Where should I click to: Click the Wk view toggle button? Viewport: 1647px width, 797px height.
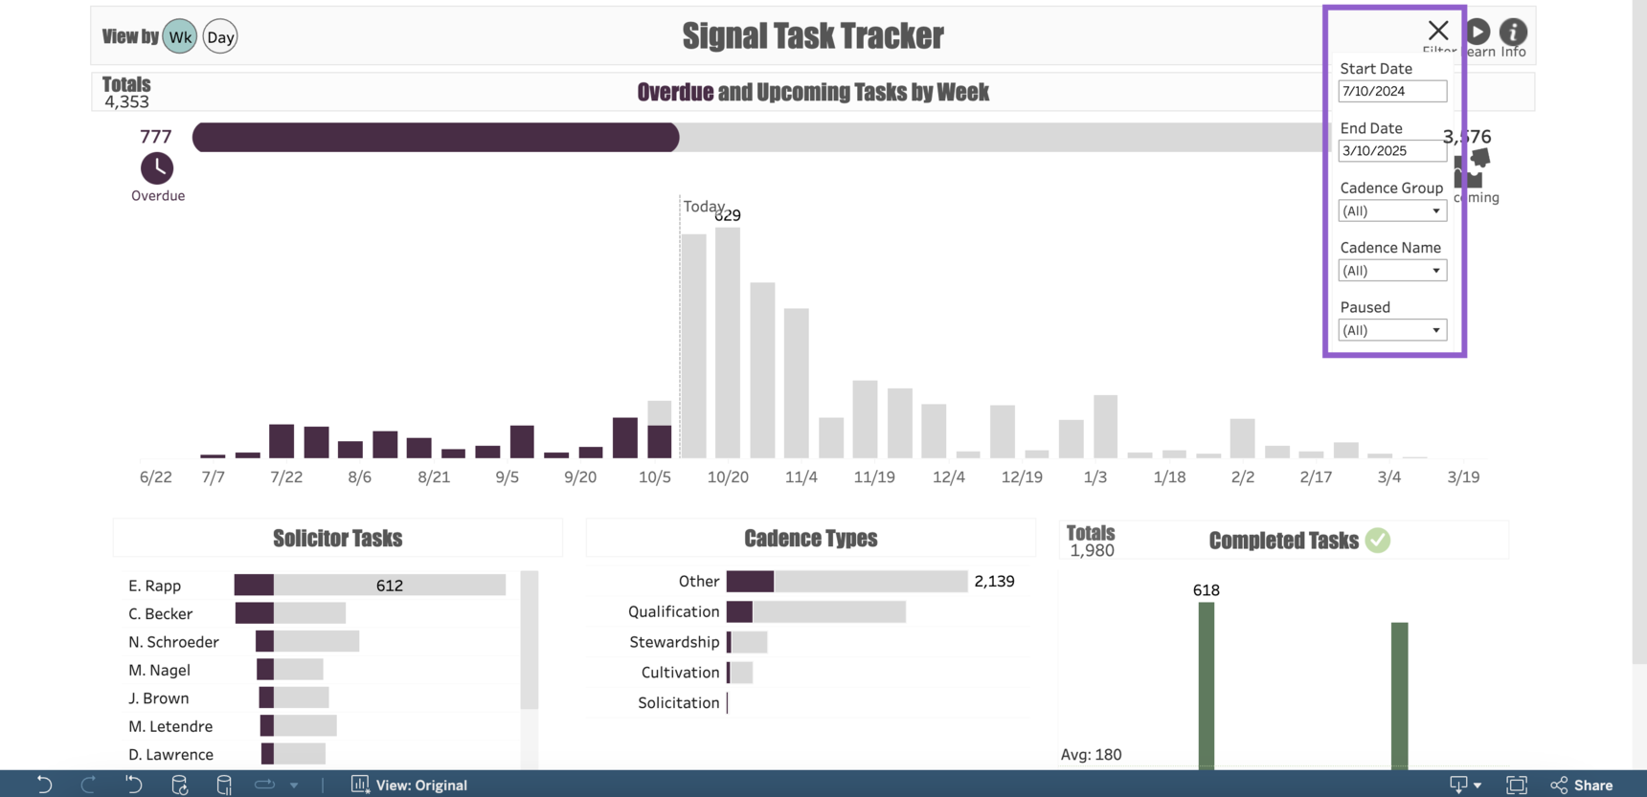click(179, 37)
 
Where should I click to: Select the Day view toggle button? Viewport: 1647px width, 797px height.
click(220, 37)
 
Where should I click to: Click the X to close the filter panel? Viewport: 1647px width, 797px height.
click(1437, 31)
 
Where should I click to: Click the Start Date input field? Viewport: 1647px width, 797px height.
click(1391, 91)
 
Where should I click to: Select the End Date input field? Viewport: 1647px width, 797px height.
click(1391, 151)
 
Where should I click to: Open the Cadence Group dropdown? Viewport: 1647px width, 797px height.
click(1391, 211)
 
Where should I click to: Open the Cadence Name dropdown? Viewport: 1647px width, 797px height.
click(1391, 271)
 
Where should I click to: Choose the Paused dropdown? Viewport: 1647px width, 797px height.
click(1391, 330)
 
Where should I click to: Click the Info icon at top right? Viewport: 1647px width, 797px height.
click(1513, 33)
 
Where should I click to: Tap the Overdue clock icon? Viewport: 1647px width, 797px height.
click(157, 168)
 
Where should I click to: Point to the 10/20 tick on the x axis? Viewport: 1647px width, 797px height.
click(728, 476)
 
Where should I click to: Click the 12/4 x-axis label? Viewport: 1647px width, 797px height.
click(949, 476)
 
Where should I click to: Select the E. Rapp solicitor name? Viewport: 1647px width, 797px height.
click(155, 586)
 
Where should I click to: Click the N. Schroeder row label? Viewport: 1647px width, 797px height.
click(173, 642)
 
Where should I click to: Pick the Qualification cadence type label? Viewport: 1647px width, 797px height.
click(673, 611)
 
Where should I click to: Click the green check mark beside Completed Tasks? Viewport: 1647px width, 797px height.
click(1377, 541)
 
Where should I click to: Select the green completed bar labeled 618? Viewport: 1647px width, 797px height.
click(1207, 684)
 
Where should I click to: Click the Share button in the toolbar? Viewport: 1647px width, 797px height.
click(1582, 785)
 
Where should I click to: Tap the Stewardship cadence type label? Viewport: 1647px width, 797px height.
click(674, 642)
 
